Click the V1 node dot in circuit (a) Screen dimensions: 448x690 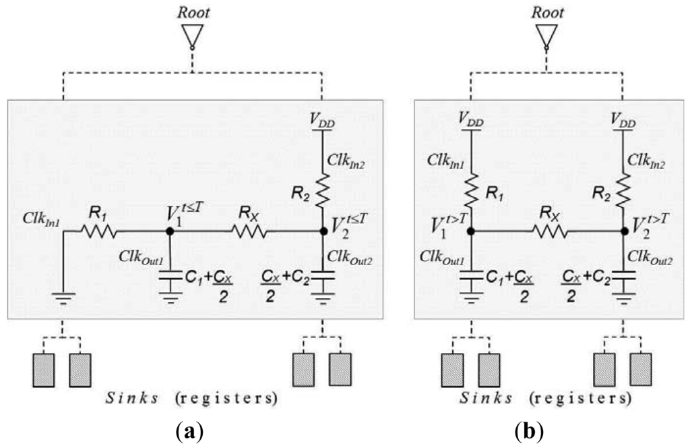[x=170, y=231]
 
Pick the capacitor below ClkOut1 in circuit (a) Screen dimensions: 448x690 [x=170, y=276]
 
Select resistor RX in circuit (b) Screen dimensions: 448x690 [x=551, y=231]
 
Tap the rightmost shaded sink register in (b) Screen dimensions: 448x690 [x=641, y=369]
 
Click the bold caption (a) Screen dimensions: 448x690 [x=189, y=430]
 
